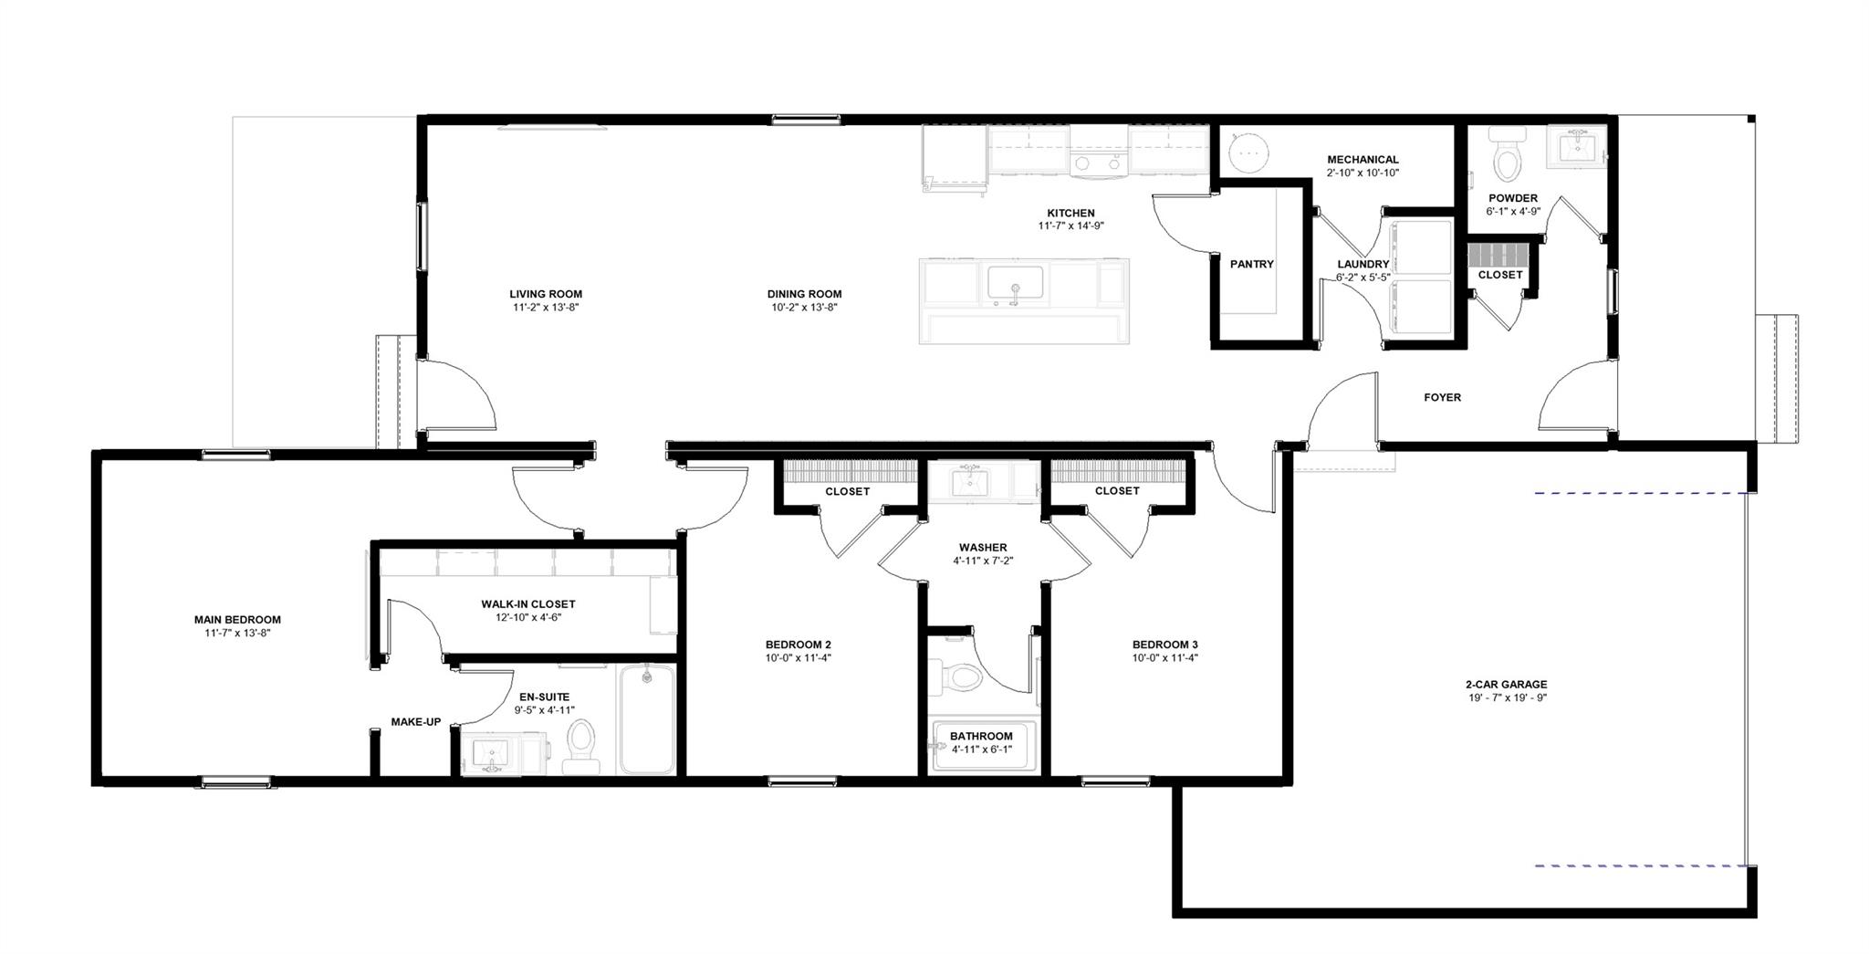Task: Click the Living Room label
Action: (546, 294)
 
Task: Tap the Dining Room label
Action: (804, 294)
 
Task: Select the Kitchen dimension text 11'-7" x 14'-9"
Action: (1070, 225)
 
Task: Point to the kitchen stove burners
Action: (1098, 163)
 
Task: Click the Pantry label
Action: (1251, 264)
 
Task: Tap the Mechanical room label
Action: (1363, 160)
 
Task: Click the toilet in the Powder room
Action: (1507, 157)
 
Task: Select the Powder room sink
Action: (1576, 147)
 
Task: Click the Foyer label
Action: (1442, 397)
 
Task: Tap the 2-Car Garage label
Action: (1506, 685)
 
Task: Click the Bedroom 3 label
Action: (1164, 645)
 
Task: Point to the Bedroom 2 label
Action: (798, 645)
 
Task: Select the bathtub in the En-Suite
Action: (647, 720)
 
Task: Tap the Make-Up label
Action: (416, 722)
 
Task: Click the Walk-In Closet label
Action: (528, 604)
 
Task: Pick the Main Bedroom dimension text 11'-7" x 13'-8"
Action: (237, 633)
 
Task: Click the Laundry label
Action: (1363, 265)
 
